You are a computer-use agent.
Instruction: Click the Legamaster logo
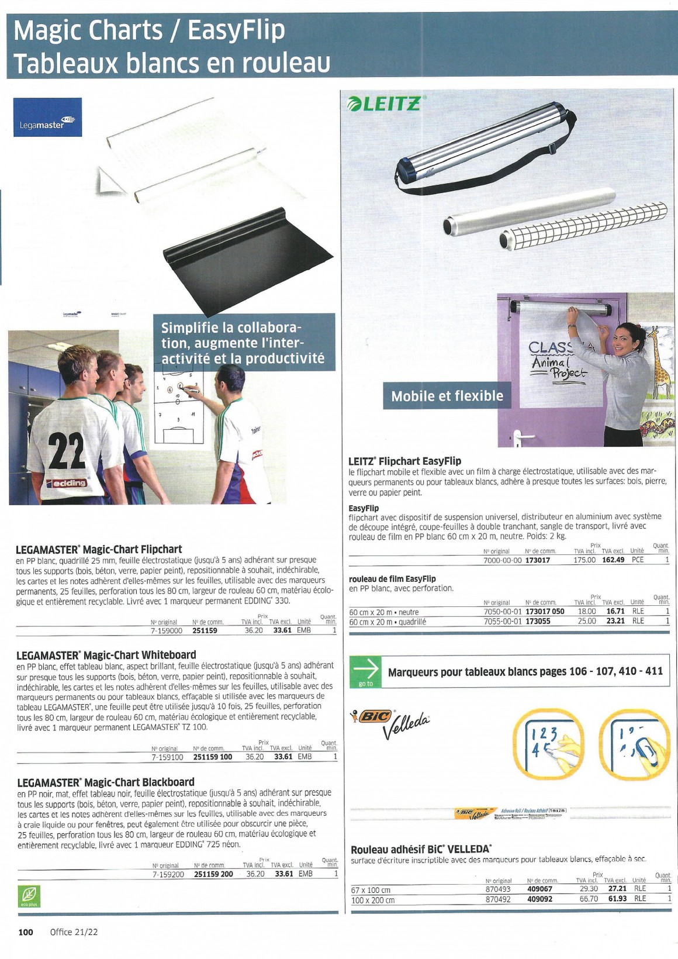click(47, 117)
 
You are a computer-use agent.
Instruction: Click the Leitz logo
click(383, 104)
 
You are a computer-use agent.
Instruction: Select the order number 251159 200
click(213, 874)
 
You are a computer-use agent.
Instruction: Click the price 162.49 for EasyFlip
click(613, 560)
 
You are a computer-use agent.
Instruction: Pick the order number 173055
click(538, 621)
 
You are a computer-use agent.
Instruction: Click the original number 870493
click(498, 889)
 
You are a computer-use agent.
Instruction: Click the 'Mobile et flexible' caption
click(447, 396)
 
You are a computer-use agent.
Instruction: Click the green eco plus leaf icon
click(29, 895)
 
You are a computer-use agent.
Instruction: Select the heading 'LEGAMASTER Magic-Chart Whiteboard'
click(106, 655)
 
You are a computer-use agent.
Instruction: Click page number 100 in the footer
click(26, 932)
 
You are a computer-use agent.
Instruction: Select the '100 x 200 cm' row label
click(373, 900)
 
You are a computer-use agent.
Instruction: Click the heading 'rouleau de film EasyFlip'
click(392, 578)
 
